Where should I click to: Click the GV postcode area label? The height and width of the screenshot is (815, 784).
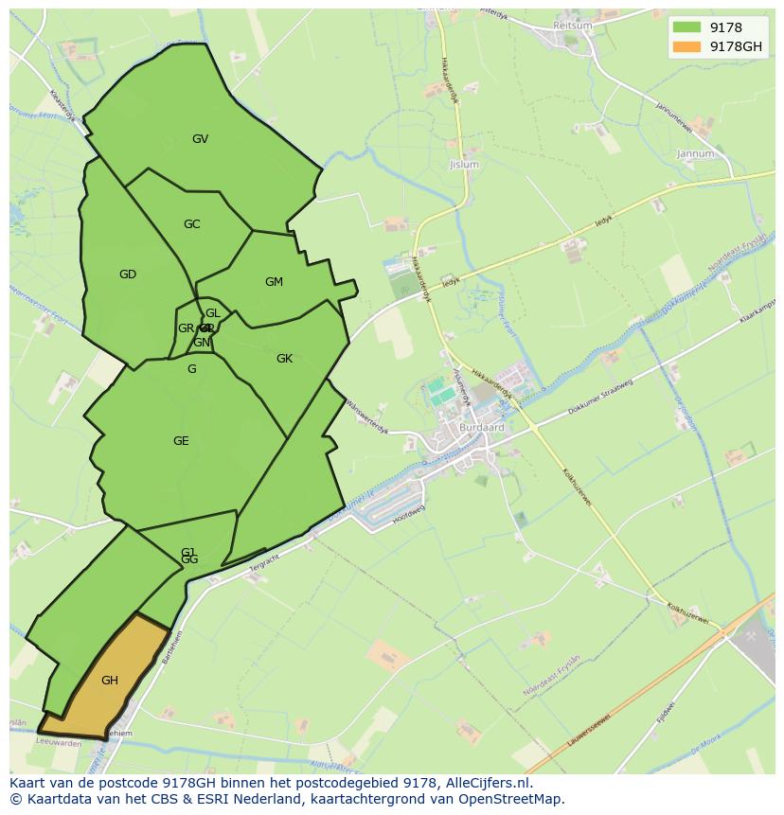click(200, 139)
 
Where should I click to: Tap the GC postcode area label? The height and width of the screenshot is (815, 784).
click(191, 224)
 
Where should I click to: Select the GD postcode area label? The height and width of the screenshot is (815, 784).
click(128, 275)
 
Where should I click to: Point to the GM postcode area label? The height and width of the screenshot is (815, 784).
click(274, 282)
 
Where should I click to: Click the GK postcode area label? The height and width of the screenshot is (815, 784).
click(284, 359)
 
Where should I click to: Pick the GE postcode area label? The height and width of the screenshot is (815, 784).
click(181, 441)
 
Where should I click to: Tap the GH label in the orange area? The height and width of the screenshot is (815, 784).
click(110, 681)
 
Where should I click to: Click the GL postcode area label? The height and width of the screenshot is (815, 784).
click(213, 313)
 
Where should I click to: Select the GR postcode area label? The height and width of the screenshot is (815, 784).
click(186, 328)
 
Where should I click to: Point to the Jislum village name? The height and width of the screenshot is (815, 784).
click(464, 165)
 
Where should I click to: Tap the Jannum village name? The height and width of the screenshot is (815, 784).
click(695, 153)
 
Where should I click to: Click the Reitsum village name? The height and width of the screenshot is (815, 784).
click(573, 26)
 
